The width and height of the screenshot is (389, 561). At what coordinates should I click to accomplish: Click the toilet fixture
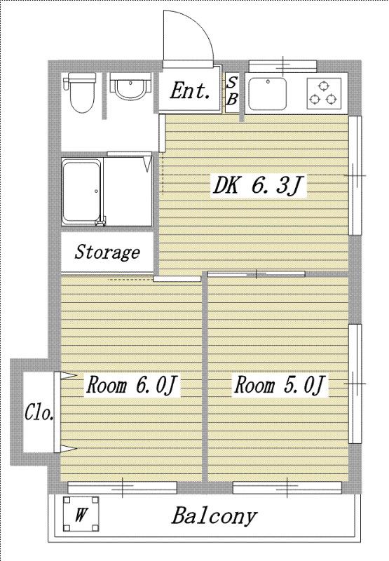click(79, 93)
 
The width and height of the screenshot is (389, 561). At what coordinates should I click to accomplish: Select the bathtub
click(82, 191)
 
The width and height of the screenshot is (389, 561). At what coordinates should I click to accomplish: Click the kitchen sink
click(268, 94)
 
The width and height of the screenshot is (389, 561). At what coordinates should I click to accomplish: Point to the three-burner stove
click(324, 93)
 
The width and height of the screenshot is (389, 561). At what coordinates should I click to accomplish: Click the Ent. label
click(189, 91)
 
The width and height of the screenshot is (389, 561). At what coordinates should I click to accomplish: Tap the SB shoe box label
click(232, 91)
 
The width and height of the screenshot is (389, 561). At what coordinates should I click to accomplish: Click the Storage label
click(107, 252)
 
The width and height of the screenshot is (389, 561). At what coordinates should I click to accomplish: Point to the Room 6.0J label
click(132, 385)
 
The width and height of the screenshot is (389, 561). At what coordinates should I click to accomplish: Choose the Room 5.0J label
click(280, 385)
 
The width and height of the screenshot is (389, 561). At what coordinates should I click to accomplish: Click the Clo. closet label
click(39, 413)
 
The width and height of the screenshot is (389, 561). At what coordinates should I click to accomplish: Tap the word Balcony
click(214, 516)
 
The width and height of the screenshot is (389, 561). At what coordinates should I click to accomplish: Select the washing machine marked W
click(81, 514)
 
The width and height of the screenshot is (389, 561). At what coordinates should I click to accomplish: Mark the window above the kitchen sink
click(282, 66)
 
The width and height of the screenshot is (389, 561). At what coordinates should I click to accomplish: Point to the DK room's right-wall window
click(355, 175)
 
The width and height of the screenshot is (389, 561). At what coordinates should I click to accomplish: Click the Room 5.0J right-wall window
click(355, 384)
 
